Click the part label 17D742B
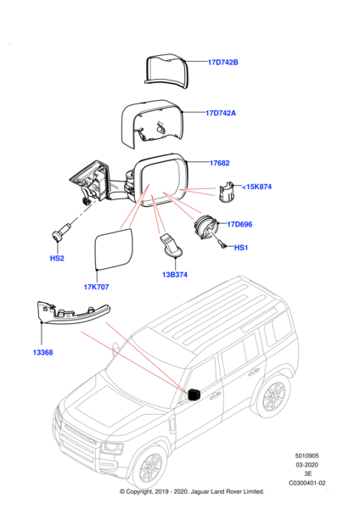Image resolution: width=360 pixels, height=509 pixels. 223,62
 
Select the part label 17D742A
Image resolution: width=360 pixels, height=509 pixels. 223,112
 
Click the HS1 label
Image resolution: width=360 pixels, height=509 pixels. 240,248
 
